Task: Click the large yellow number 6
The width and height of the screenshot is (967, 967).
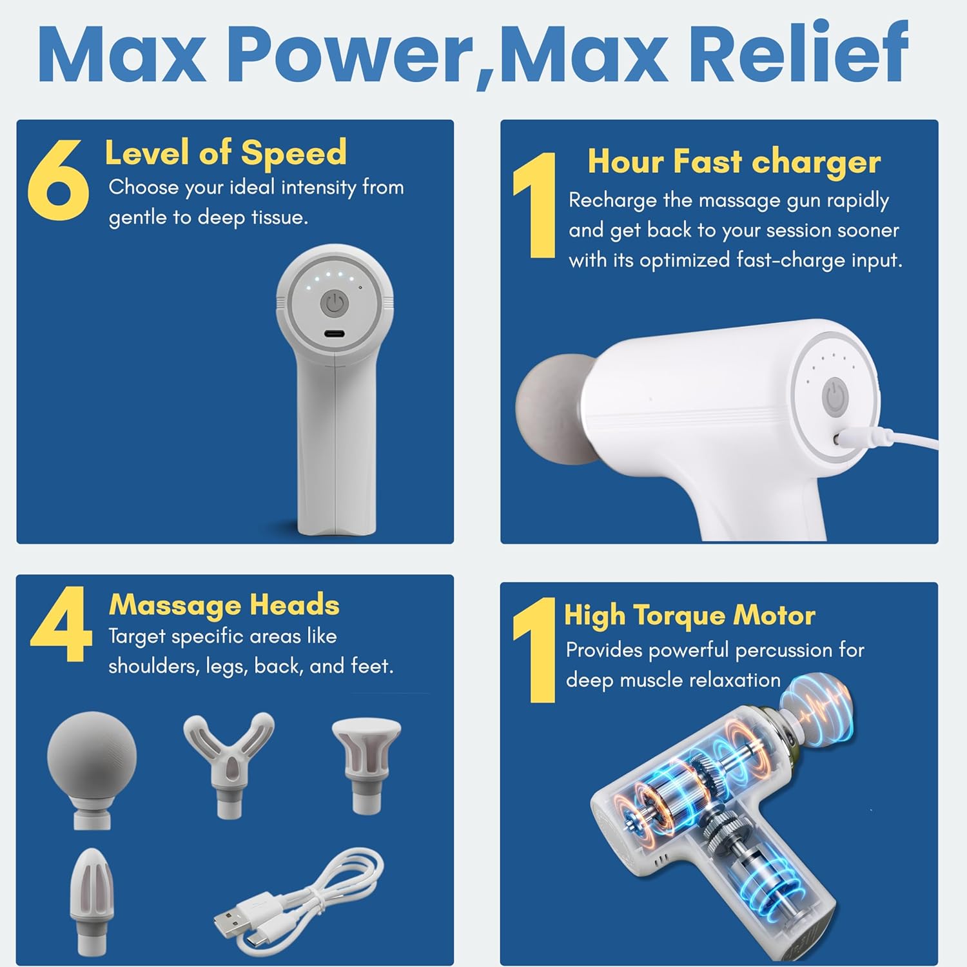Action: (x=58, y=179)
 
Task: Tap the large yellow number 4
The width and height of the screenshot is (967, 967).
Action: (x=61, y=624)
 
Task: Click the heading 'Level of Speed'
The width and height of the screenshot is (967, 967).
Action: (x=226, y=153)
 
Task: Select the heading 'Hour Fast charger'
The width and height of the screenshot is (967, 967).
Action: (x=734, y=162)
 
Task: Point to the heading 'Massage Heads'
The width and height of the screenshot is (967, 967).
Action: (x=224, y=605)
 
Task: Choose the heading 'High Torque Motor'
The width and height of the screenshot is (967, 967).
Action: (x=690, y=616)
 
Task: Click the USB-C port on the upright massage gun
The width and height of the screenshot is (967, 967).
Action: (x=334, y=334)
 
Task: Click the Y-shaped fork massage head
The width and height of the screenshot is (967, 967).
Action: (x=229, y=765)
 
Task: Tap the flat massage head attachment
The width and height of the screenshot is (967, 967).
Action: (x=366, y=765)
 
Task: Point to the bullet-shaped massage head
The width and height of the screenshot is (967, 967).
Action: (x=92, y=901)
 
